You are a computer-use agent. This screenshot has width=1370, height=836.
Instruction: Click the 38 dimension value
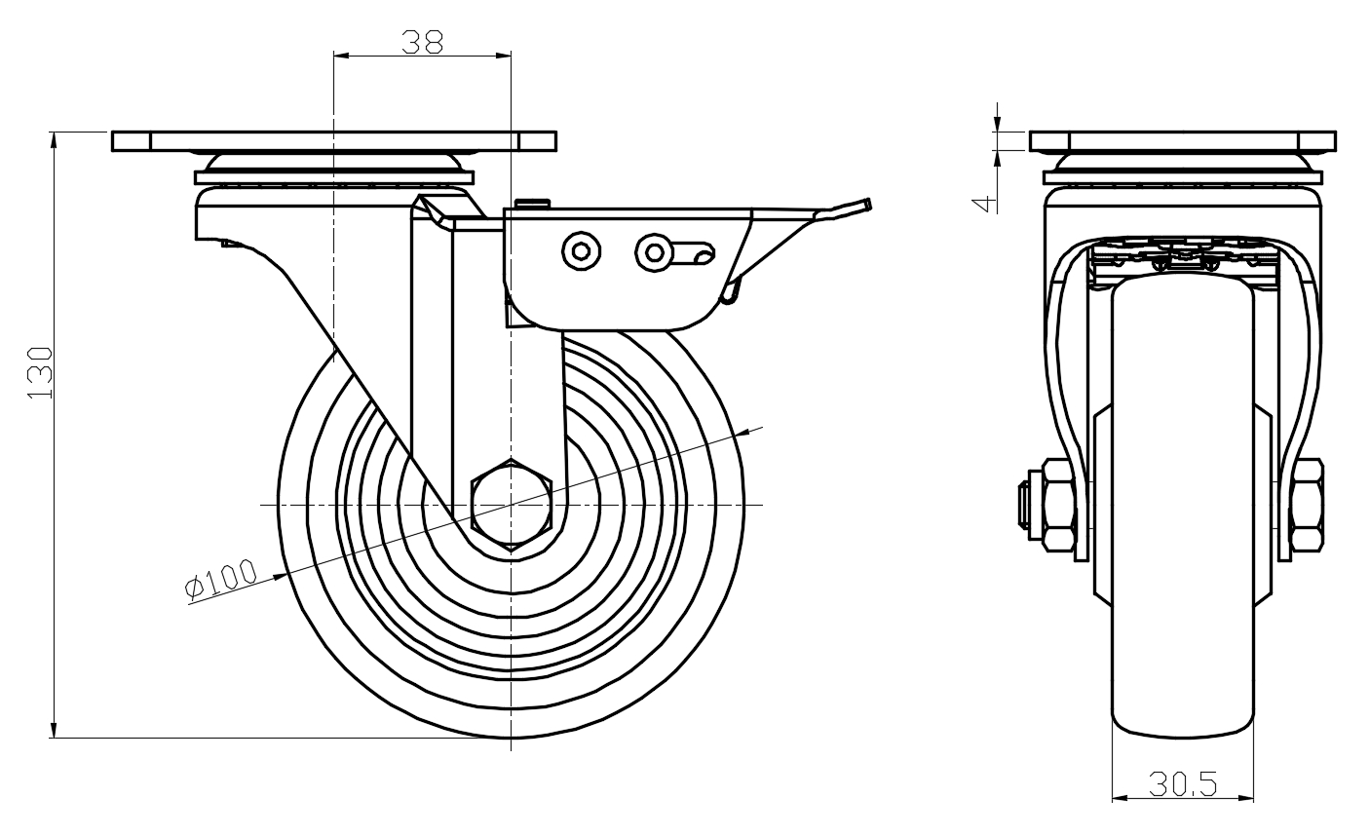[422, 41]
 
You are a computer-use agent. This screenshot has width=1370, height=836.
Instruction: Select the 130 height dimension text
[39, 372]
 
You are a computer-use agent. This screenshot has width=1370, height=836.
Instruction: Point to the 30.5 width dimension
[1182, 783]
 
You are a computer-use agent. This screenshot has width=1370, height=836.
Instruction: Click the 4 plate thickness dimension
[985, 203]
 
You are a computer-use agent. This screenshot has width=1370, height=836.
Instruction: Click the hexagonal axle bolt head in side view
[511, 504]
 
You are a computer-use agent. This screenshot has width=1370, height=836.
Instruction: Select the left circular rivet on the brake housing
[582, 251]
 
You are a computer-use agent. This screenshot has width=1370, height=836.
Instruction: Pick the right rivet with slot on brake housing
[652, 252]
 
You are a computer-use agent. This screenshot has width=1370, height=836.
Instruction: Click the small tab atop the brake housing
[531, 203]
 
